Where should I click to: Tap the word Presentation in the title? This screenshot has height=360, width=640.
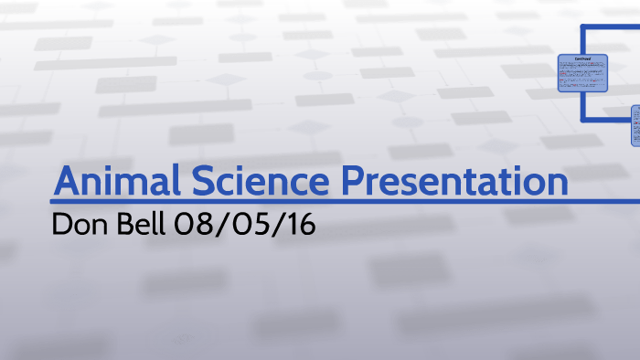[454, 181]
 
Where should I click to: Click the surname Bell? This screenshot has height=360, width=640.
[139, 225]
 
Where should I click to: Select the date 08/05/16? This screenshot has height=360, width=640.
[244, 225]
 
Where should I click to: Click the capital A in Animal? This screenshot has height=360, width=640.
[67, 181]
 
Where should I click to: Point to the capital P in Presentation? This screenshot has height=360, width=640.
[355, 181]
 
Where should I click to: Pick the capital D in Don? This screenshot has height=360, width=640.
[62, 225]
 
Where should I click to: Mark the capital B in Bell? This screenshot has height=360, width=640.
[123, 225]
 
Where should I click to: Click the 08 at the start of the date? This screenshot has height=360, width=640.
[192, 225]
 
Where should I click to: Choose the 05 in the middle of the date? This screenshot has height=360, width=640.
[245, 225]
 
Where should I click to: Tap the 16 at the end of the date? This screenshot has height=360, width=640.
[298, 225]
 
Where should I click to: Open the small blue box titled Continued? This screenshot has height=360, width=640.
[582, 72]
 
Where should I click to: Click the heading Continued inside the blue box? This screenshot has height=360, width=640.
[582, 58]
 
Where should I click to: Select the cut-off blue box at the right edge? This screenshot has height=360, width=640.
[635, 125]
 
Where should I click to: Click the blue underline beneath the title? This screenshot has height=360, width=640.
[311, 201]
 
